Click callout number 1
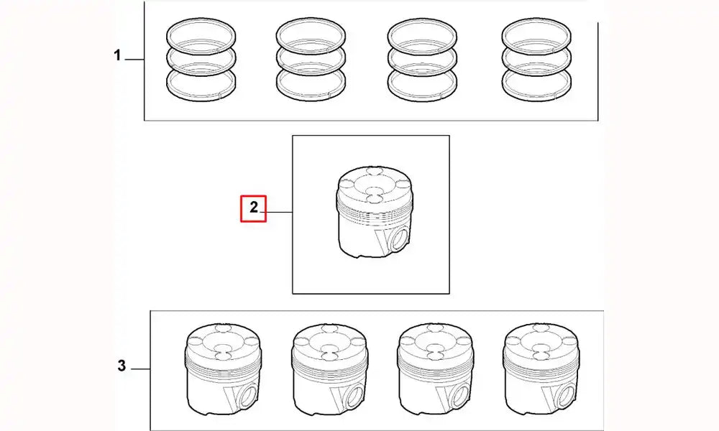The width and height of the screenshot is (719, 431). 117,55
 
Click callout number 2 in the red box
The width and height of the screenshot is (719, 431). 254,208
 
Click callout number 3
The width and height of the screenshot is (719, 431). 121,366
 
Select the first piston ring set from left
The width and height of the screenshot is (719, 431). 201,59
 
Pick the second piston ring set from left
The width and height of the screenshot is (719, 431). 311,59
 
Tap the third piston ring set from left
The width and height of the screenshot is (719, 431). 422,59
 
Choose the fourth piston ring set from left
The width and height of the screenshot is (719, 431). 536,59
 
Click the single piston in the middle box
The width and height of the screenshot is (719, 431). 375,211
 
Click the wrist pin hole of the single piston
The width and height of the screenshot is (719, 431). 398,238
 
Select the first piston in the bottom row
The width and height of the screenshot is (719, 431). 224,369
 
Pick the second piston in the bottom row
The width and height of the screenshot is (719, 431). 330,369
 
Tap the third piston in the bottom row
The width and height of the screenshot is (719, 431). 436,369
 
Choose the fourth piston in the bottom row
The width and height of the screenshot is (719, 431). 541,369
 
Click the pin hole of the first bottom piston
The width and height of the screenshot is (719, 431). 247,396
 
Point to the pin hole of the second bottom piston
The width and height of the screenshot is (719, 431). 354,396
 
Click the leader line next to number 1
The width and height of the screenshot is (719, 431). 134,60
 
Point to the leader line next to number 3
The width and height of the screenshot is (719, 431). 140,369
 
